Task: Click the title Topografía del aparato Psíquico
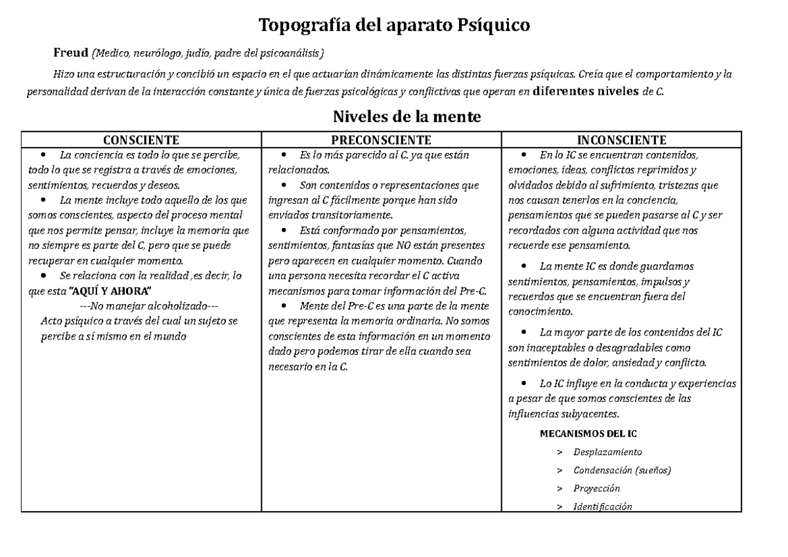coord(393,26)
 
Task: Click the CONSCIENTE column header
coord(142,140)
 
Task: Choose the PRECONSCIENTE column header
coord(382,140)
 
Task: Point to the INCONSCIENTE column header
coord(621,140)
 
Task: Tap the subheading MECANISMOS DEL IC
coord(587,434)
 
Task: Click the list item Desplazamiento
coord(607,452)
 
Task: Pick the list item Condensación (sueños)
coord(622,470)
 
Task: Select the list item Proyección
coord(596,488)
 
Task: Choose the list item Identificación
coord(602,506)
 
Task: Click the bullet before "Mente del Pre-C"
coord(284,306)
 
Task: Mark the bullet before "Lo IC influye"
coord(523,384)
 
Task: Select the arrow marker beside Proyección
coord(559,489)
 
